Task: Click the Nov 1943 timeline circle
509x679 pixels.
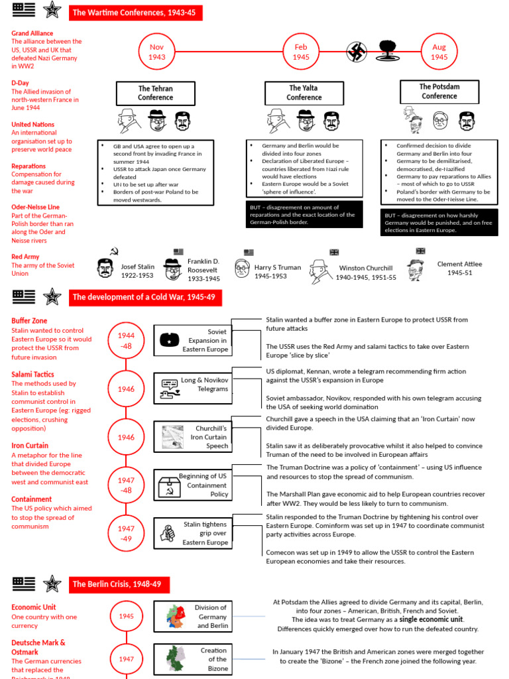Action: pos(156,52)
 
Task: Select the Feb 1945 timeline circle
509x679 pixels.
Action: pos(301,52)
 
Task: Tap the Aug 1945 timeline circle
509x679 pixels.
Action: pos(439,52)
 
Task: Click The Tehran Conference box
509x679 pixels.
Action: pos(155,93)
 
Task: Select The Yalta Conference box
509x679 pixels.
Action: pos(304,93)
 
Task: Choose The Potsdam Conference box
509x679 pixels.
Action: pos(439,92)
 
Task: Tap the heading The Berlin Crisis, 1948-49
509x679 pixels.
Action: pos(119,584)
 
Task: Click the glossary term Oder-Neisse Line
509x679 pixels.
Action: pos(35,207)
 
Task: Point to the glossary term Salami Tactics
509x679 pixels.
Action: pos(32,375)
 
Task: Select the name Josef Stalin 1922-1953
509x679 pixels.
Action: pos(137,271)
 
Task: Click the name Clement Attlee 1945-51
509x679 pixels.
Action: pos(459,268)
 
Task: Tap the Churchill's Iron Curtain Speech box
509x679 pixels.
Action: pos(192,438)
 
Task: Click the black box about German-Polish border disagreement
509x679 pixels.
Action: pos(304,214)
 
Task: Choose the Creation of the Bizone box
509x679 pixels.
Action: pos(192,659)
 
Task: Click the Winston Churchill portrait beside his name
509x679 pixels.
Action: pos(320,271)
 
